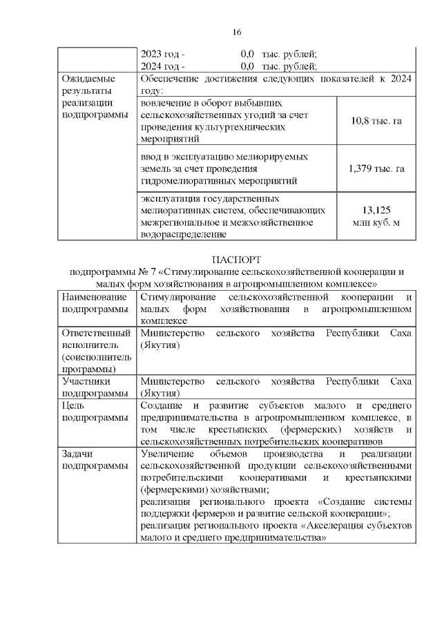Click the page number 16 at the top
pos(236,32)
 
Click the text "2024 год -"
pos(162,66)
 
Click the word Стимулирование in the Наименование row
pos(178,296)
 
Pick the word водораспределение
pos(183,235)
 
